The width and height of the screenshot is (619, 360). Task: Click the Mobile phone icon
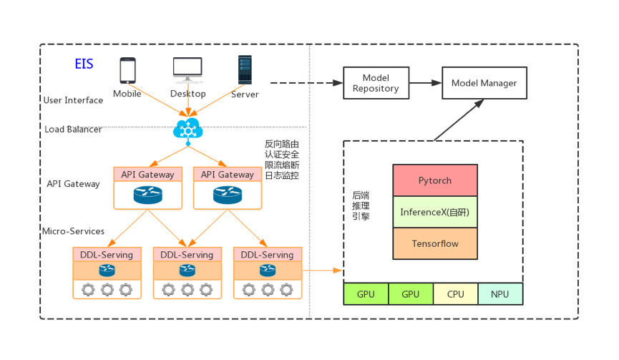click(127, 70)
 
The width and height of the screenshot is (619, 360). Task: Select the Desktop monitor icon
click(187, 70)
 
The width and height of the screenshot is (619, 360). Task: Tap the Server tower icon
click(245, 70)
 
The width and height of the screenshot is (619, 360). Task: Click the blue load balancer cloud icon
click(188, 130)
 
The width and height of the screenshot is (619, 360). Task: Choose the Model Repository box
click(376, 83)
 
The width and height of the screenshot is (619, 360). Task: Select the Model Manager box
click(484, 84)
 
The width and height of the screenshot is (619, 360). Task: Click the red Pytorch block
click(435, 180)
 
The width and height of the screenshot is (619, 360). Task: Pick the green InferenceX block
click(435, 213)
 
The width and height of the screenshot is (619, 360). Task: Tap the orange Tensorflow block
click(435, 243)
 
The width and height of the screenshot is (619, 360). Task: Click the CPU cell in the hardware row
click(455, 294)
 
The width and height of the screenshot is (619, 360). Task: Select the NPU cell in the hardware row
click(500, 294)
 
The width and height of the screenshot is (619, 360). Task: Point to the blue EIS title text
click(84, 64)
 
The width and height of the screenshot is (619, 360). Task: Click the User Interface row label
click(74, 100)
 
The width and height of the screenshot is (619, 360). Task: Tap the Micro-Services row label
click(73, 231)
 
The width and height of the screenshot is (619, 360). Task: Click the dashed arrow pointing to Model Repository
click(301, 83)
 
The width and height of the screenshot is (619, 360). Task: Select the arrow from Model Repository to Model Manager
click(425, 84)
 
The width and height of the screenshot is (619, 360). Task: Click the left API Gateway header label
click(148, 175)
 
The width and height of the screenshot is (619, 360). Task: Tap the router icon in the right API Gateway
click(228, 195)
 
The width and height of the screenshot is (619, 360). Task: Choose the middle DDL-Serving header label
click(187, 255)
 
